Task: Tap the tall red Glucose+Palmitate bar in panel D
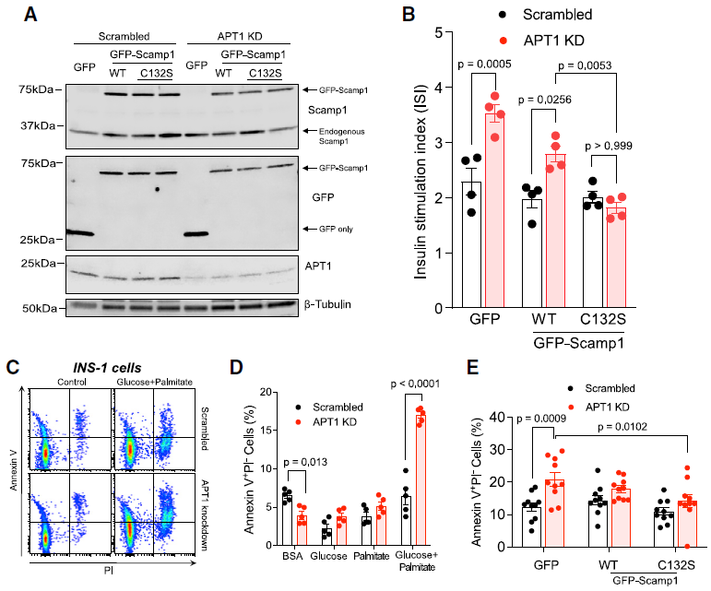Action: (422, 479)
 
